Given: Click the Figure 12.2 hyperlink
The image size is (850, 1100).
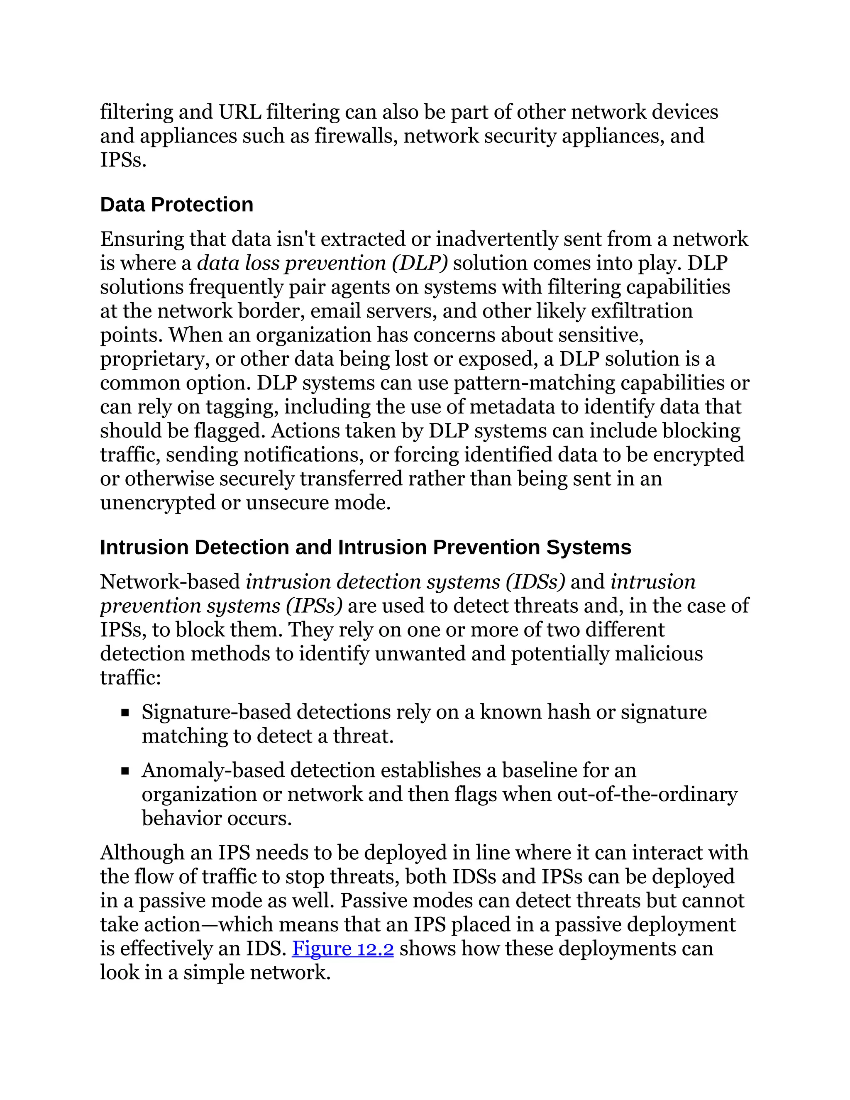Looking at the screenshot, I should (x=342, y=948).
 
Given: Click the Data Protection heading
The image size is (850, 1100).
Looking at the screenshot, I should (x=176, y=205).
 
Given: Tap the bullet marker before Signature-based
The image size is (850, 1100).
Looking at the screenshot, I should (x=125, y=713).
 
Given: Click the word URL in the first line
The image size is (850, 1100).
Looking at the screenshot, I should (x=239, y=112).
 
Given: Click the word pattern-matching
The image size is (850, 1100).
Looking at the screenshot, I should (x=534, y=383).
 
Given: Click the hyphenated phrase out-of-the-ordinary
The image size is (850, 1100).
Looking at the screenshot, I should (x=647, y=794).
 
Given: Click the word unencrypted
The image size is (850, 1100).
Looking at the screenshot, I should (x=158, y=503).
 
